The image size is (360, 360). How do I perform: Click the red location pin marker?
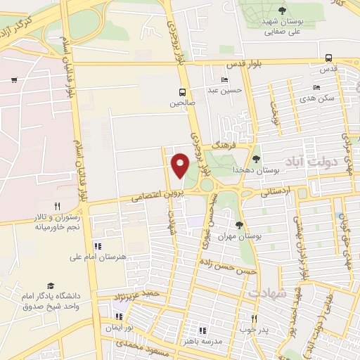click(181, 165)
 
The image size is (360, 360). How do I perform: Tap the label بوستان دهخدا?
click(277, 169)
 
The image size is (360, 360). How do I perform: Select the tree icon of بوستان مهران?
click(240, 225)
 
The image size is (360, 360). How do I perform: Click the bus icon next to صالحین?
click(183, 92)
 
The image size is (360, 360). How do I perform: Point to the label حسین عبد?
click(230, 89)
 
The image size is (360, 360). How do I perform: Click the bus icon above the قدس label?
click(330, 59)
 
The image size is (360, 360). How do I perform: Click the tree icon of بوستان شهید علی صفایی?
click(282, 10)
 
